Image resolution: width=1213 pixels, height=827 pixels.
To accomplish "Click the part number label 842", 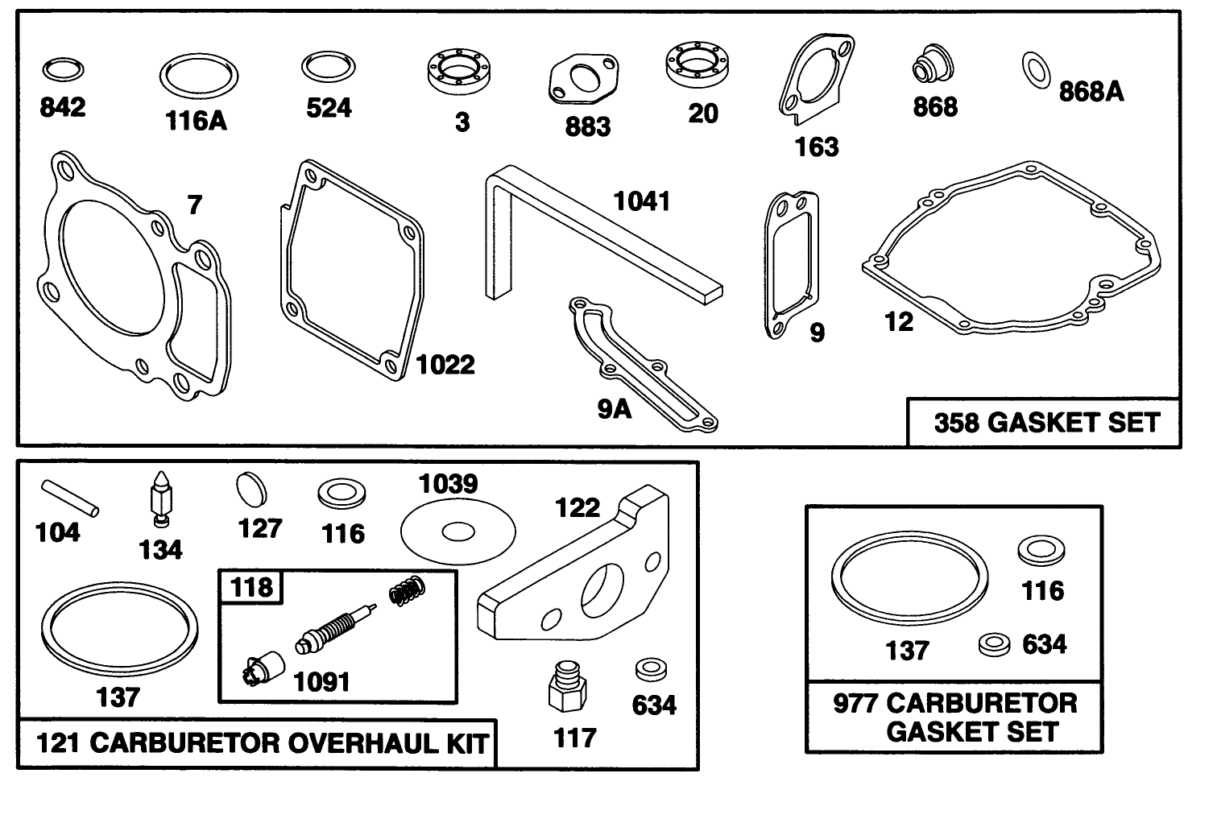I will [x=63, y=107].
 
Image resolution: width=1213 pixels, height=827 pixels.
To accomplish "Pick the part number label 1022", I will [x=445, y=365].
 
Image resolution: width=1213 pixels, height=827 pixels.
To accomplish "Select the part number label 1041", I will [x=642, y=201].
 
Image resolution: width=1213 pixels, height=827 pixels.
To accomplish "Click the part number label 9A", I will [x=615, y=409].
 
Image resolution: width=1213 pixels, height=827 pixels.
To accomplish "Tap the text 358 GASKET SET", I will [x=1046, y=423].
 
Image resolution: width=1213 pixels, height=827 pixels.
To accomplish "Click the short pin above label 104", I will [x=72, y=497].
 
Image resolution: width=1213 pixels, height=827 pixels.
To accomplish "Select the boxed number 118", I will [x=252, y=587].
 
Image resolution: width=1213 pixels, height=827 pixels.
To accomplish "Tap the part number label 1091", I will [x=322, y=682].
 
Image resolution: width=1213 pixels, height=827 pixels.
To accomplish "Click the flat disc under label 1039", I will [x=457, y=531].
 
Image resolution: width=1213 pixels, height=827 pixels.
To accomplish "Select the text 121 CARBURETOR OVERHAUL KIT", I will [x=262, y=743].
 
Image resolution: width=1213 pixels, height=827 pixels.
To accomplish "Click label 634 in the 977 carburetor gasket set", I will [x=1045, y=644].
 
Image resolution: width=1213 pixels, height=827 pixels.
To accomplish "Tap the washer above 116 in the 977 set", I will [x=1041, y=551].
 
